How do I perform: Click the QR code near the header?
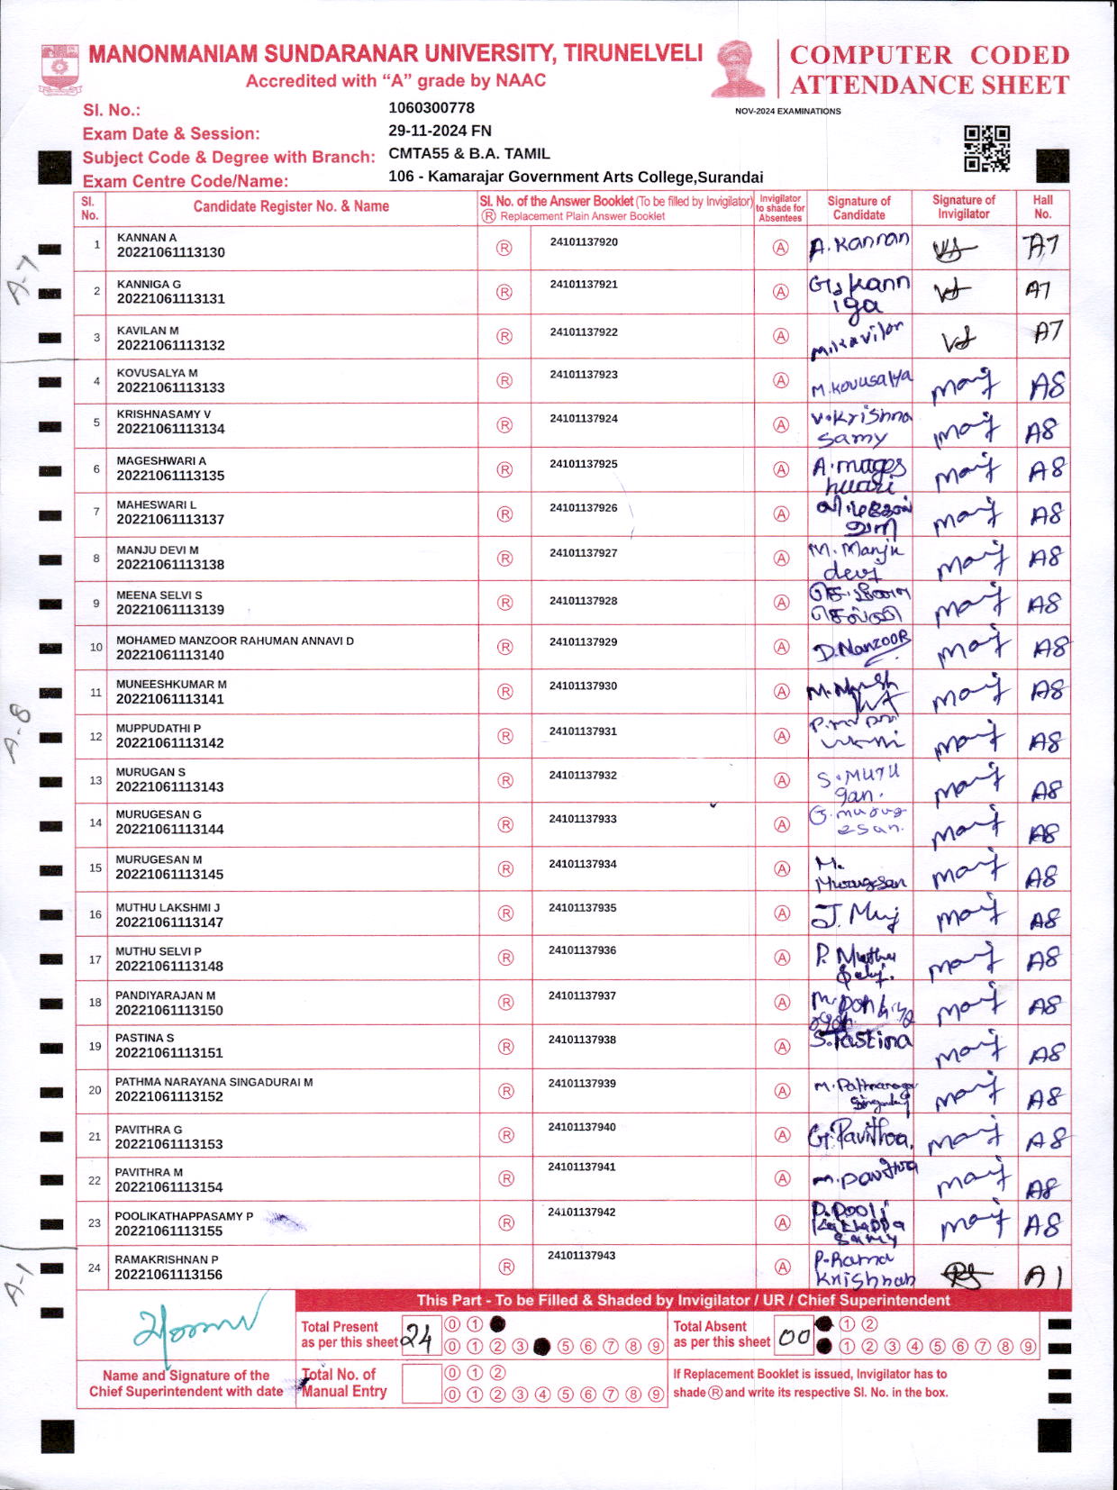pos(986,149)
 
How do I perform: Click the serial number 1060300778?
pos(431,108)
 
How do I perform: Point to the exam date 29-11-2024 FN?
pos(440,131)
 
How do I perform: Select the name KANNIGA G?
pos(149,284)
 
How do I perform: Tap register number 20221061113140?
pos(170,655)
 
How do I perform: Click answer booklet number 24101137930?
pos(583,686)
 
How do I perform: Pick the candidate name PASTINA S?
pos(144,1038)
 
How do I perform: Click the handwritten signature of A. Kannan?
pos(858,245)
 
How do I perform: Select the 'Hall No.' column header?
pos(1042,207)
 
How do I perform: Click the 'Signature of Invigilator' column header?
pos(963,207)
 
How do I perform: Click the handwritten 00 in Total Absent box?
pos(794,1337)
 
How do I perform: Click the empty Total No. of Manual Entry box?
pos(421,1384)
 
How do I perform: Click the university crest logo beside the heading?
pos(59,69)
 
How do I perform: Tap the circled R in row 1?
pos(504,248)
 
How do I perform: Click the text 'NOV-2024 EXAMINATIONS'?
pos(787,112)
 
